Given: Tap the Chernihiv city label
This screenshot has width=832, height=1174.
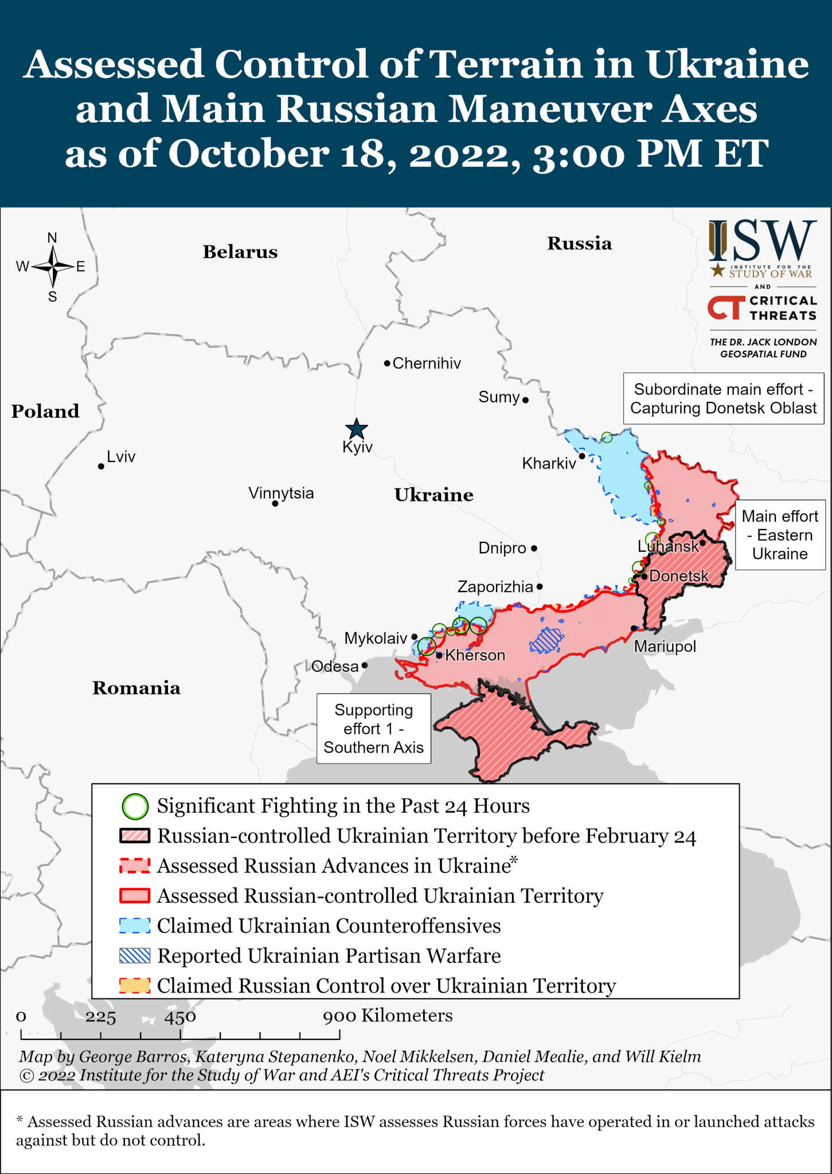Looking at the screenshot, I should tap(427, 363).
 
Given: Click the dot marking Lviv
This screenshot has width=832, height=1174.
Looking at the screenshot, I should tap(101, 467).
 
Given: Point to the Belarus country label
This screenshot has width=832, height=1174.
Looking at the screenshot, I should tap(240, 252).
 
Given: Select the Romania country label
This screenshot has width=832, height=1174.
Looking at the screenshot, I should tap(136, 688).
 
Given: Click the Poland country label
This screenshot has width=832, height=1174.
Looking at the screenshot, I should tap(45, 411).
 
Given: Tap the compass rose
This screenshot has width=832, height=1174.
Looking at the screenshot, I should tap(53, 267).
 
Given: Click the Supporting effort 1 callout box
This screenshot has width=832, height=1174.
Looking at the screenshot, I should tap(374, 729).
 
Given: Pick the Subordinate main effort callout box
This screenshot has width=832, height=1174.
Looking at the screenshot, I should tap(723, 398).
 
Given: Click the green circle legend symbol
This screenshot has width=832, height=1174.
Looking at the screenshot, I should tap(135, 807).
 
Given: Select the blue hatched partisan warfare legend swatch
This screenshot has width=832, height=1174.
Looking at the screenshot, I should tap(135, 956).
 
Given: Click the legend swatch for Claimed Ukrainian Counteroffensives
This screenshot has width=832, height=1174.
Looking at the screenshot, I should tap(135, 926).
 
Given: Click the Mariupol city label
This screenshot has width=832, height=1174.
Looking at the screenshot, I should tap(665, 647).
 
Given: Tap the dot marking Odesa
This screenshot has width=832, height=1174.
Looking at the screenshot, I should tap(365, 666).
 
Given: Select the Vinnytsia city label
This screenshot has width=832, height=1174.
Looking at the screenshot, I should tap(281, 493).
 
